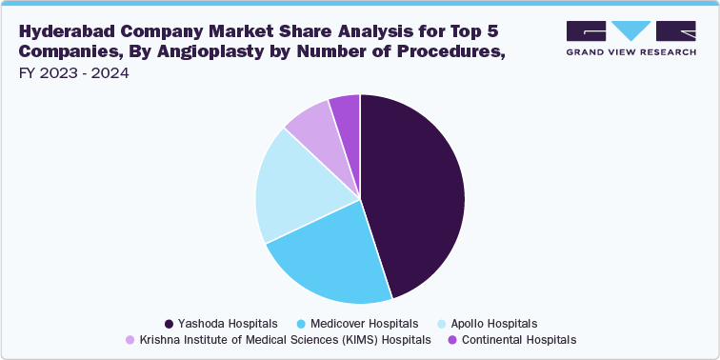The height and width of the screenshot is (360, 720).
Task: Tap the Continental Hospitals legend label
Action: tap(518, 339)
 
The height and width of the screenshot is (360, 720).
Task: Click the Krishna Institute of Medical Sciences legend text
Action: tap(285, 339)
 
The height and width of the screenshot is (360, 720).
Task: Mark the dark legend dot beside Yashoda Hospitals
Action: tap(169, 323)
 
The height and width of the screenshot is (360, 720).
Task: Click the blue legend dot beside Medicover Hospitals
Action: tap(302, 323)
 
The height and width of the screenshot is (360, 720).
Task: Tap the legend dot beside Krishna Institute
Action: tap(130, 339)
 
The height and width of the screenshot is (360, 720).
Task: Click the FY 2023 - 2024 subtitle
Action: tap(72, 73)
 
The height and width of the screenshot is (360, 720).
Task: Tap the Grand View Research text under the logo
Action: tap(630, 51)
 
